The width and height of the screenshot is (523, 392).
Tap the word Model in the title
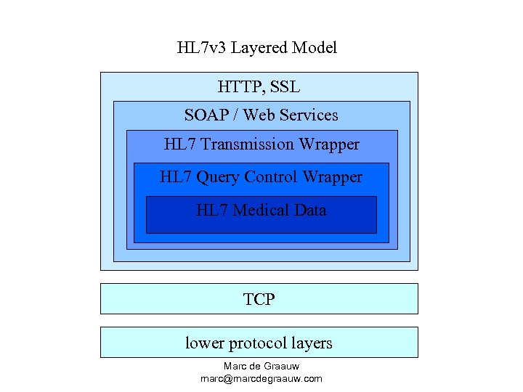click(315, 48)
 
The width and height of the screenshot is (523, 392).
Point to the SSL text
click(285, 87)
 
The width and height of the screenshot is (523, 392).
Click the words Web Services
click(291, 115)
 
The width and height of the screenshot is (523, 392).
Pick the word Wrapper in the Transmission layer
click(330, 144)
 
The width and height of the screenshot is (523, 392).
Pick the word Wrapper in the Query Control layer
click(333, 177)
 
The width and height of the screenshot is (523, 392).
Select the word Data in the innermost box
click(310, 211)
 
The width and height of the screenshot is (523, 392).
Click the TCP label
click(259, 298)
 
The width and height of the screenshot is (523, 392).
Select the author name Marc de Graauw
click(261, 367)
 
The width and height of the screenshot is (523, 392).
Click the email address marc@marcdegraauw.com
click(261, 378)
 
